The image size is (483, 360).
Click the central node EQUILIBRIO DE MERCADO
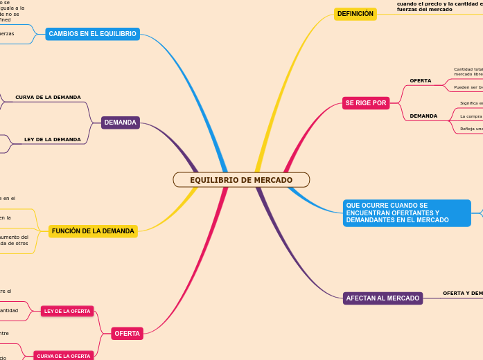click(x=241, y=180)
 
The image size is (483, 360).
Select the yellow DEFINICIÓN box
click(x=355, y=14)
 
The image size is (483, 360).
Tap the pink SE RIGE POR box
click(x=365, y=103)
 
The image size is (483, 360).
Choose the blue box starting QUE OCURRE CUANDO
click(x=407, y=213)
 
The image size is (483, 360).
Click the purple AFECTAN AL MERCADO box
click(x=383, y=298)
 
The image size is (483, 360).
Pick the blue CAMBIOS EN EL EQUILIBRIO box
click(x=92, y=34)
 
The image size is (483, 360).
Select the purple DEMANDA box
click(x=121, y=123)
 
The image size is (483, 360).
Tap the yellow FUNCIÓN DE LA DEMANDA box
click(x=93, y=231)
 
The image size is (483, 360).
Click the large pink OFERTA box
click(x=128, y=334)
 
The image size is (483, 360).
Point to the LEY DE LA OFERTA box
click(x=67, y=312)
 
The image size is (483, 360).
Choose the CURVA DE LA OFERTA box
click(x=64, y=356)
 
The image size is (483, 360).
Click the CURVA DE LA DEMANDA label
click(x=48, y=98)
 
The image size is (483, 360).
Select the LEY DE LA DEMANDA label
click(x=52, y=140)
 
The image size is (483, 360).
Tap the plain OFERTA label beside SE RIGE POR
click(x=420, y=81)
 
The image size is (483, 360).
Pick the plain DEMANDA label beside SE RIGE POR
click(x=423, y=116)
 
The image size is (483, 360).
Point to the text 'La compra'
click(x=471, y=116)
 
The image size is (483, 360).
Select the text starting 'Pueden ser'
click(x=468, y=88)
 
